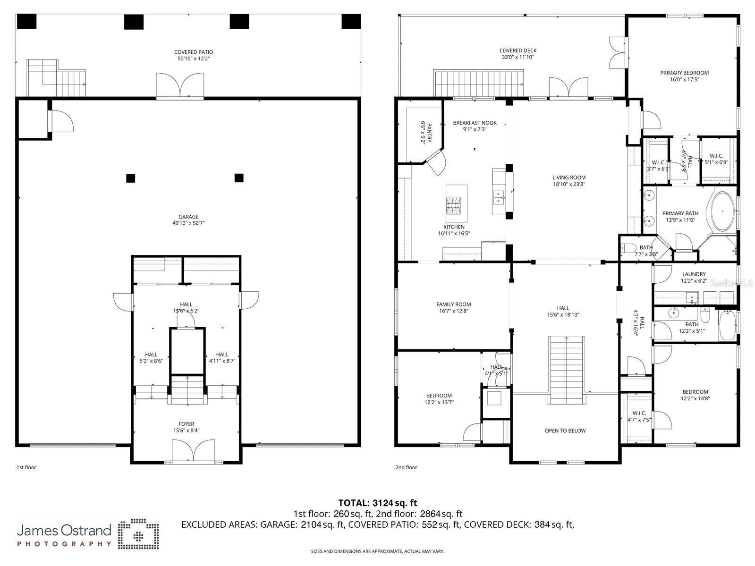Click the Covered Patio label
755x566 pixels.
point(194,52)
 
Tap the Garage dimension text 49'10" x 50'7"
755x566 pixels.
point(188,223)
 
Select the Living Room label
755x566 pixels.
point(569,178)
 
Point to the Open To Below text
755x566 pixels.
point(565,431)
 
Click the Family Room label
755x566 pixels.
point(453,304)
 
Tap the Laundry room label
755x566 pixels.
point(694,274)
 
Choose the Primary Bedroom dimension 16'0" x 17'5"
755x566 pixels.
point(684,79)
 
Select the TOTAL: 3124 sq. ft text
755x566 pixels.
point(377,503)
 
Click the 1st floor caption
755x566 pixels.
point(26,467)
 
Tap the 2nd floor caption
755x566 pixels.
point(406,467)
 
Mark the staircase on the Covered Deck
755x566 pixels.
point(478,83)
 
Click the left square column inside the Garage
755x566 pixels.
point(131,178)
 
